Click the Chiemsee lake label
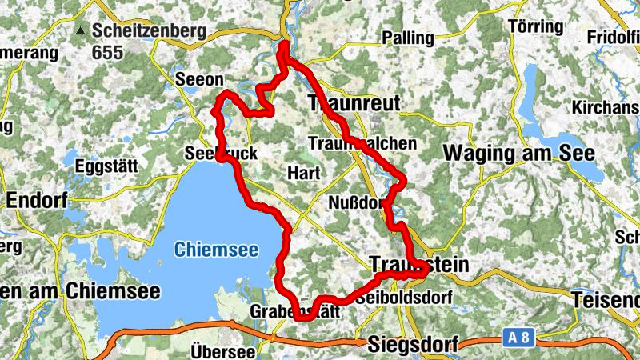point(216,250)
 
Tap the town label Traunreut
point(354,102)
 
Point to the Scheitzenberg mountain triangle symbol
point(80,32)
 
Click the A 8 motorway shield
point(518,338)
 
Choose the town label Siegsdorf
point(414,346)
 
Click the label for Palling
point(407,38)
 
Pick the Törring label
point(536,26)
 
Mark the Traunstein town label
point(418,265)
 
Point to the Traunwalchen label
point(362,143)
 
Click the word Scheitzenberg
point(149,31)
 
